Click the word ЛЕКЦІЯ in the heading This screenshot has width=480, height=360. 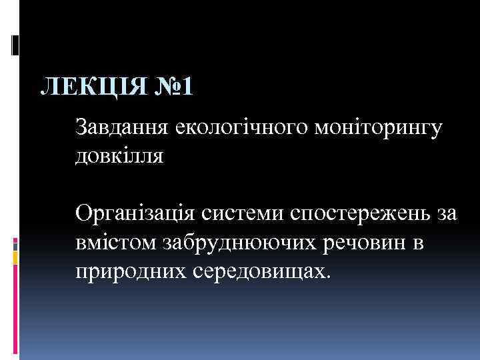point(89,87)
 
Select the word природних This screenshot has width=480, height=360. point(131,274)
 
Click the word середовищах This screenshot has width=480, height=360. point(263,274)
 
